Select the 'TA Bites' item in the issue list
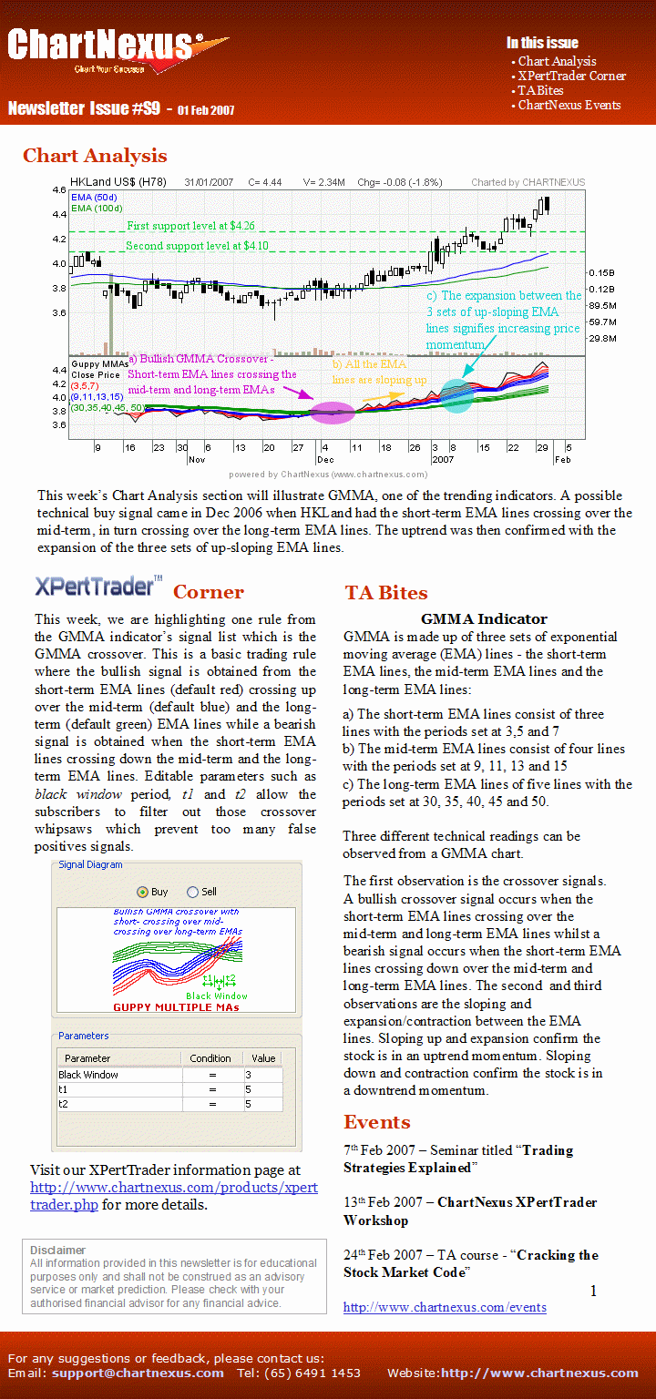540,90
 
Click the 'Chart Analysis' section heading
95,156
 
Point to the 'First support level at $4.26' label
190,225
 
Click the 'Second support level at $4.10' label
197,246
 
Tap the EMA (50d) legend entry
94,198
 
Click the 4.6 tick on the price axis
59,189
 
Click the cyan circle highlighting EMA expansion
456,394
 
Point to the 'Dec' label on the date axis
325,460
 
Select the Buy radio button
142,892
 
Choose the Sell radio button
192,892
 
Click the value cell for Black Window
263,1075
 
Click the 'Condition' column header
210,1058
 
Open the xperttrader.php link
174,1196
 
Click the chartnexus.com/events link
445,1308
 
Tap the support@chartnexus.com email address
138,1373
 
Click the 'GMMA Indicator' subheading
484,619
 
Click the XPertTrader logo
99,586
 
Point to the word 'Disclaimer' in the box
57,1250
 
